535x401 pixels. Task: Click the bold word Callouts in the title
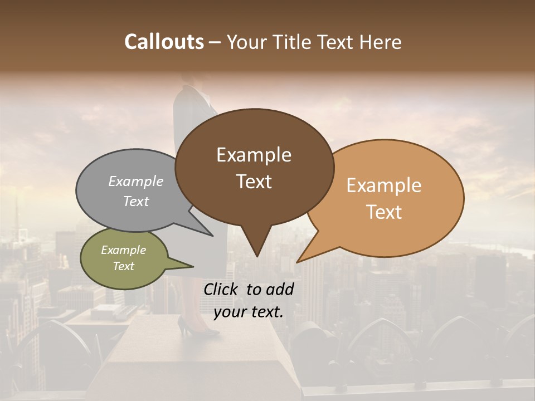coord(164,42)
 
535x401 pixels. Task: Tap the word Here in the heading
coord(380,42)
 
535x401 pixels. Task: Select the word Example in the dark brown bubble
coord(254,155)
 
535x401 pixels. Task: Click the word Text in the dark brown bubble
coord(254,182)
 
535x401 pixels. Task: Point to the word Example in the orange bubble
coord(384,185)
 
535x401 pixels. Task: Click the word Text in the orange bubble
coord(384,212)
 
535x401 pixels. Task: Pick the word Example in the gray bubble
coord(135,181)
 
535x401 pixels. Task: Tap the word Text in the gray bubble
coord(135,201)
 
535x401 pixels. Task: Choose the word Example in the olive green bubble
coord(123,250)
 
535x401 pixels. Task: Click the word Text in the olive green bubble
coord(123,266)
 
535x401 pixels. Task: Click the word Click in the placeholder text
coord(222,289)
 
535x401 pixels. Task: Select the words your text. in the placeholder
coord(249,312)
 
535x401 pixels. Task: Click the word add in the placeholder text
coord(280,289)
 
